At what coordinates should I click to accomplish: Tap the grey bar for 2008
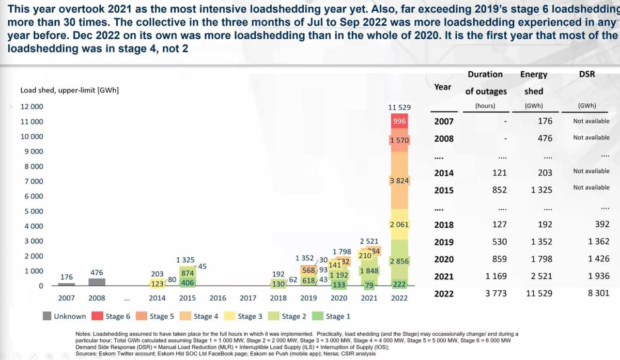click(97, 281)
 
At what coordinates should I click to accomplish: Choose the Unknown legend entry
click(64, 316)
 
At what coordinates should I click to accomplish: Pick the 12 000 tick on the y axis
click(32, 107)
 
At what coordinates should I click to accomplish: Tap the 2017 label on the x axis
click(248, 298)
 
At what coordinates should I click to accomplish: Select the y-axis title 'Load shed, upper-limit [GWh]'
click(69, 90)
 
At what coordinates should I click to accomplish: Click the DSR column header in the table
click(587, 74)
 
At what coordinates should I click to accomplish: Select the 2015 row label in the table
click(444, 190)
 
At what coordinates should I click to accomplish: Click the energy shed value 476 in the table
click(544, 138)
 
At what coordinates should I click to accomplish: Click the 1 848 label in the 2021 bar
click(369, 271)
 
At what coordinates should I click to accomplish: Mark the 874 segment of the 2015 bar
click(188, 273)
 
